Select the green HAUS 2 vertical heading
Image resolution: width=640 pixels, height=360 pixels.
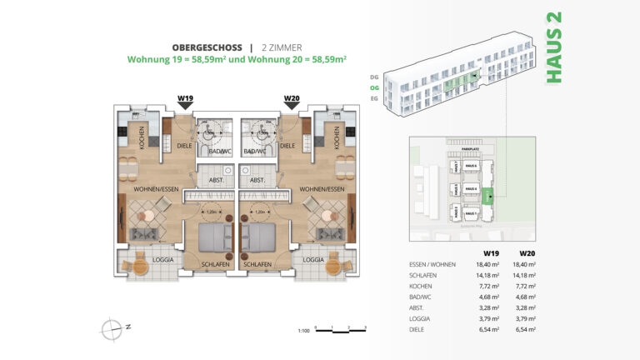click(552, 47)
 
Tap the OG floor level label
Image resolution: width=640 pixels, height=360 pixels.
click(374, 86)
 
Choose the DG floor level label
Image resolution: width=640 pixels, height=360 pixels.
click(374, 76)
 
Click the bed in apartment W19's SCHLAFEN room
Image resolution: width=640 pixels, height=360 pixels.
click(215, 239)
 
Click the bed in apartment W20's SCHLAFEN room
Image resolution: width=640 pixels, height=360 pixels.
click(262, 239)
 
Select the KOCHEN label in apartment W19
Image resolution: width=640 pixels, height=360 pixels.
click(142, 141)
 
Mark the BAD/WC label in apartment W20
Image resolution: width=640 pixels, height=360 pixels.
click(255, 152)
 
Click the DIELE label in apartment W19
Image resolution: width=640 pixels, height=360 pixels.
click(183, 146)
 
